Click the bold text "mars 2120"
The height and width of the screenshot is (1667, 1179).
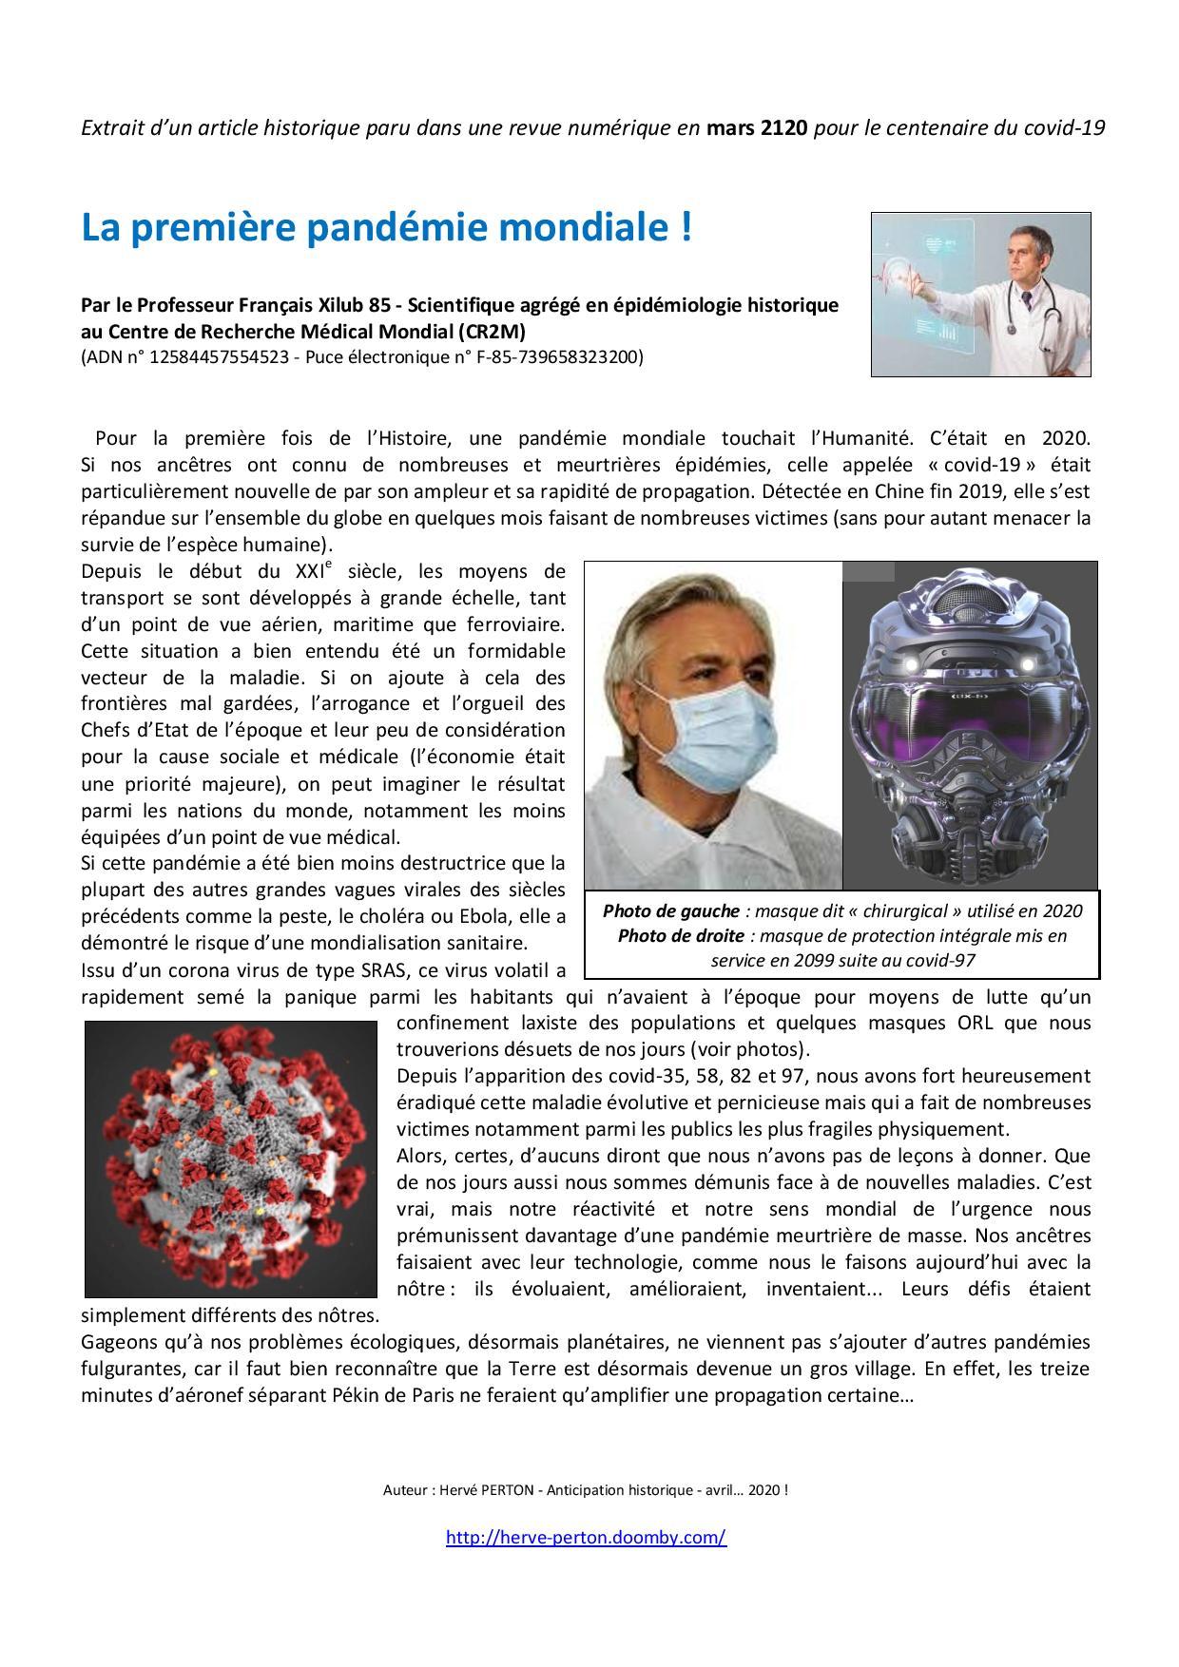757,127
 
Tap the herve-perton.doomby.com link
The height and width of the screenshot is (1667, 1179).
586,1537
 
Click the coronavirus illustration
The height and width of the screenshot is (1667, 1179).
231,1159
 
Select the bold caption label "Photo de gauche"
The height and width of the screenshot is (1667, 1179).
670,910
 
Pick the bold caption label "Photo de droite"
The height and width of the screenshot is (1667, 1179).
681,935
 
